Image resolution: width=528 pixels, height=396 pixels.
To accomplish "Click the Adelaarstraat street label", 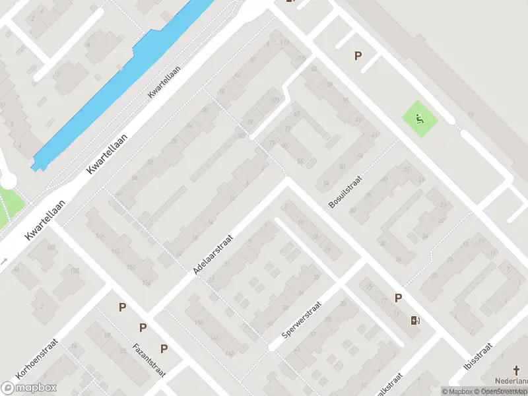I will (214, 253).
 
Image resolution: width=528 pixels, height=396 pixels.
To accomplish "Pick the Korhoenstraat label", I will (37, 359).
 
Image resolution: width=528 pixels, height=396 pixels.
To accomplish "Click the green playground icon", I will (420, 119).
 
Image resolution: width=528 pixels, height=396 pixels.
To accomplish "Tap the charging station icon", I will (415, 321).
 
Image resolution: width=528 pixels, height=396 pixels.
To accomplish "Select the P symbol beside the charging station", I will (398, 298).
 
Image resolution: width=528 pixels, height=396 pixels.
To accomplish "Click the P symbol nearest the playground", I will (358, 56).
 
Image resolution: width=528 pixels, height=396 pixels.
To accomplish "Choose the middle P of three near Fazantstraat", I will (143, 328).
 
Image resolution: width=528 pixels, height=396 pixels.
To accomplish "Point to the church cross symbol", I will (517, 371).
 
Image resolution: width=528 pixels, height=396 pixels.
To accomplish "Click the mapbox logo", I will (29, 387).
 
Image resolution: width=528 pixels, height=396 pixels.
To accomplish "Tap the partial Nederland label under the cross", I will (513, 382).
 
